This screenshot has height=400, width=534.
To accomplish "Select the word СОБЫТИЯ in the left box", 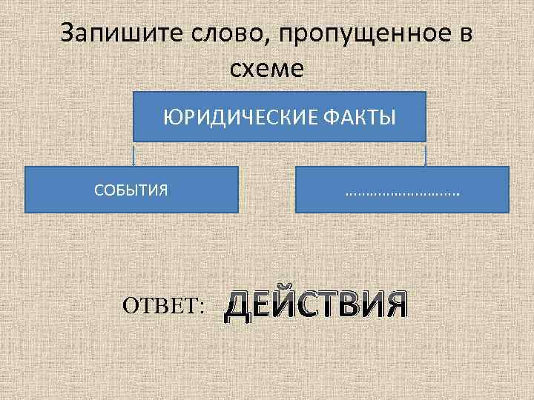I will pos(131,190).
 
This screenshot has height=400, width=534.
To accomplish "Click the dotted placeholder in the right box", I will pos(402,192).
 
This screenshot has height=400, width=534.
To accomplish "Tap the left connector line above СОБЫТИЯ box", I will pos(133,154).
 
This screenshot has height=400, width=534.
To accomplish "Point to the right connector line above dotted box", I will pos(426,154).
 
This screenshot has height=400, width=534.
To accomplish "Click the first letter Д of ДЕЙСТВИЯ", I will pos(238,304).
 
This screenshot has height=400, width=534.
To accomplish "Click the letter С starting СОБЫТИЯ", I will pos(99,190).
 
